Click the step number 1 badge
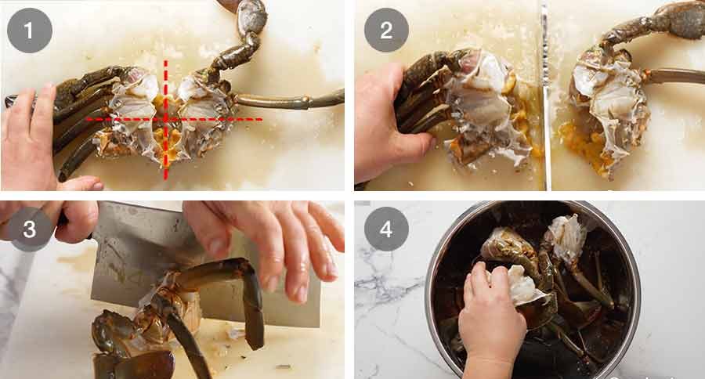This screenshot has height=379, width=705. (x=30, y=31)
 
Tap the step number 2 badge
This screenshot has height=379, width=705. (x=386, y=30)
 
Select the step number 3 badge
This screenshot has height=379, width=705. (x=30, y=229)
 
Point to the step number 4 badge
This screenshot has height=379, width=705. (x=386, y=229)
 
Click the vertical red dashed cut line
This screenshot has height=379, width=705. (x=165, y=120)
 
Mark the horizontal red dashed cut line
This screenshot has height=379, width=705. (x=175, y=119)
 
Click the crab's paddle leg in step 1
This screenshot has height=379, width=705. (x=290, y=99)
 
